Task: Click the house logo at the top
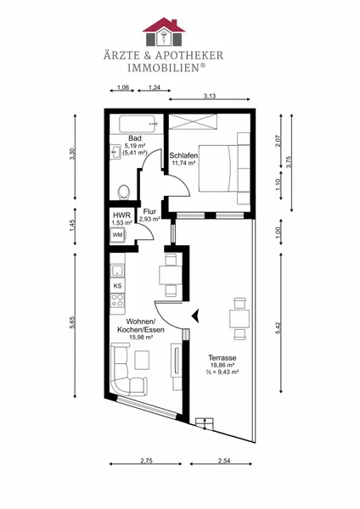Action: pos(164,31)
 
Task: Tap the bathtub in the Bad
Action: pos(138,125)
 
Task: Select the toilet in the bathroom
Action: pos(123,192)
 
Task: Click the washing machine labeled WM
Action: pos(118,235)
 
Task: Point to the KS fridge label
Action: pos(118,286)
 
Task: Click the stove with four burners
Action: pos(117,300)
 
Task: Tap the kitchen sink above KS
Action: pos(117,271)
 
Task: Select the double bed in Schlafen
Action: pos(224,168)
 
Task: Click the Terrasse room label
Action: pos(222,358)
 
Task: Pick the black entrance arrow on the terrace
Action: pos(195,316)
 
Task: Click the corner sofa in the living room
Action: pos(126,368)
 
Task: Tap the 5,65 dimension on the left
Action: pos(72,322)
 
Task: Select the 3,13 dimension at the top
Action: pos(210,96)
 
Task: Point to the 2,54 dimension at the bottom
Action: pos(224,461)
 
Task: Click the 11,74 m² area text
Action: pos(183,163)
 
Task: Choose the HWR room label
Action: pos(122,215)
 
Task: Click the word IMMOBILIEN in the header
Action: pos(163,68)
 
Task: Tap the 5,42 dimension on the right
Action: pos(278,327)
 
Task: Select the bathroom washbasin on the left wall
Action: pos(115,152)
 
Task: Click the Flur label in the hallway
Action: pos(149,211)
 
